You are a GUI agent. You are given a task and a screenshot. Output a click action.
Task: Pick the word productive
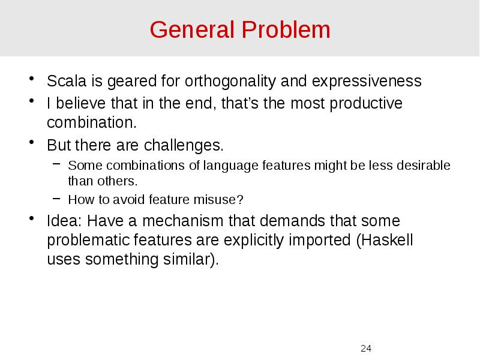(x=366, y=103)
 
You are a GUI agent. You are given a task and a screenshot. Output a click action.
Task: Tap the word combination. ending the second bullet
(x=92, y=123)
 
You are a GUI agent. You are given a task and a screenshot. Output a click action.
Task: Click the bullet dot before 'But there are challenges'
(x=33, y=144)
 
